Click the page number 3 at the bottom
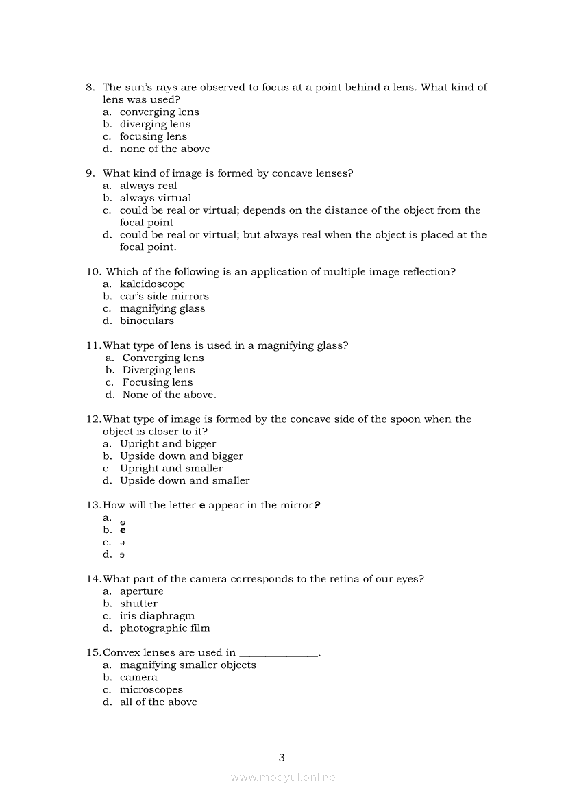tap(282, 757)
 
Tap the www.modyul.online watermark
tap(283, 777)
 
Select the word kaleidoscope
tap(152, 284)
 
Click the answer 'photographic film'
tap(164, 628)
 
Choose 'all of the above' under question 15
tap(158, 702)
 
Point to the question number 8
tap(90, 87)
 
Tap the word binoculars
tap(147, 321)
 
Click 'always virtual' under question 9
tap(156, 198)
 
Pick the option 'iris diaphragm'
tap(157, 615)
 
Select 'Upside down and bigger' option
tap(181, 456)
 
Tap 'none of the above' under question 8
tap(164, 149)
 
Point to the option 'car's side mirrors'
tap(164, 296)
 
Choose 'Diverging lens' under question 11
tap(158, 370)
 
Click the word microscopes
tap(151, 689)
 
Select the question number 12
tap(93, 419)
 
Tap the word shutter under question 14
tap(138, 604)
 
